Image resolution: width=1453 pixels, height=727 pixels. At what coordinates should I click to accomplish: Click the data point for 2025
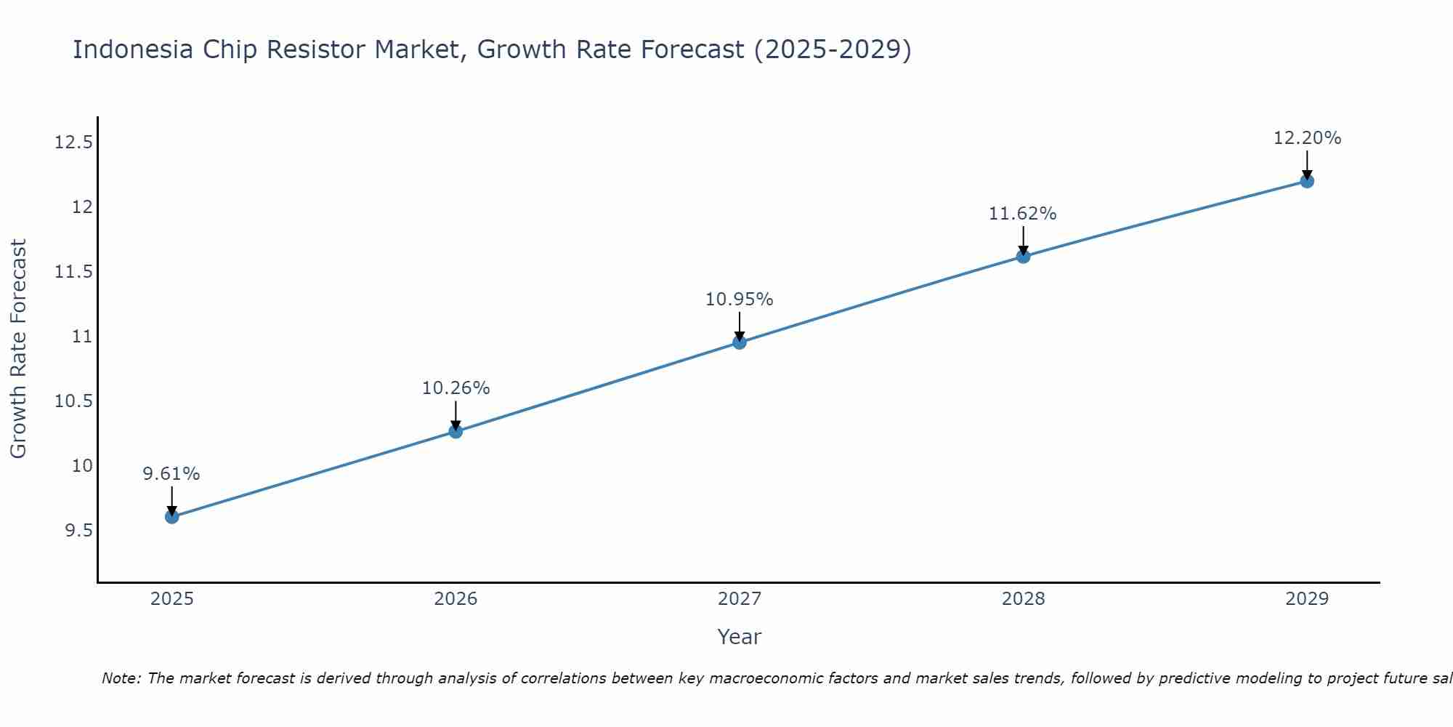[172, 517]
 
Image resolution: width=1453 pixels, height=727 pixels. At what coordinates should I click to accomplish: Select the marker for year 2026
[456, 431]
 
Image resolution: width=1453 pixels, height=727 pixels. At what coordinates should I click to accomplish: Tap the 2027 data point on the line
[740, 342]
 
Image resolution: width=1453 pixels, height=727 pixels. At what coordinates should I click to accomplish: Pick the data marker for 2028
[1023, 256]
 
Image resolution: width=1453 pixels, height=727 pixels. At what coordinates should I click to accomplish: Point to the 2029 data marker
[1307, 181]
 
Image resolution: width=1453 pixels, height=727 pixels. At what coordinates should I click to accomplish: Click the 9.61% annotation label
[171, 474]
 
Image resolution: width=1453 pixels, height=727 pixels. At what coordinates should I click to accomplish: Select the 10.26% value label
[456, 388]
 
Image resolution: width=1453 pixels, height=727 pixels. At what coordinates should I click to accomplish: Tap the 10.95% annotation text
[740, 300]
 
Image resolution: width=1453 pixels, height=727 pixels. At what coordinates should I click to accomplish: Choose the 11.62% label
[1023, 214]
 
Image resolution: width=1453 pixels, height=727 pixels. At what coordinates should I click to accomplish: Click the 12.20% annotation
[1307, 138]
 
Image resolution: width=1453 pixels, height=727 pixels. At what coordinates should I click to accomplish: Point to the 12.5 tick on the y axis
[74, 142]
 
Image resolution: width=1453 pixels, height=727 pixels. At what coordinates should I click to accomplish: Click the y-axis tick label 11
[83, 337]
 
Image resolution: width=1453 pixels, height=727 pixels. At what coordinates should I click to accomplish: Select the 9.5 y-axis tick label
[79, 531]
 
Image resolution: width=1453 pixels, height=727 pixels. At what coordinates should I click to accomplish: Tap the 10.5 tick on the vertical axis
[74, 401]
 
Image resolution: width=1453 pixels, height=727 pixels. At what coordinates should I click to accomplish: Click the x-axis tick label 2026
[456, 599]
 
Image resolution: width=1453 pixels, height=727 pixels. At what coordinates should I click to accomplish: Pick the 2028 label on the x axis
[1023, 599]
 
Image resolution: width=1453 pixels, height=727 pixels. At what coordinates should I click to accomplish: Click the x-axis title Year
[739, 637]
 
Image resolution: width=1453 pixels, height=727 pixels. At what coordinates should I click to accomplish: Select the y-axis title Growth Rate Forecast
[19, 349]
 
